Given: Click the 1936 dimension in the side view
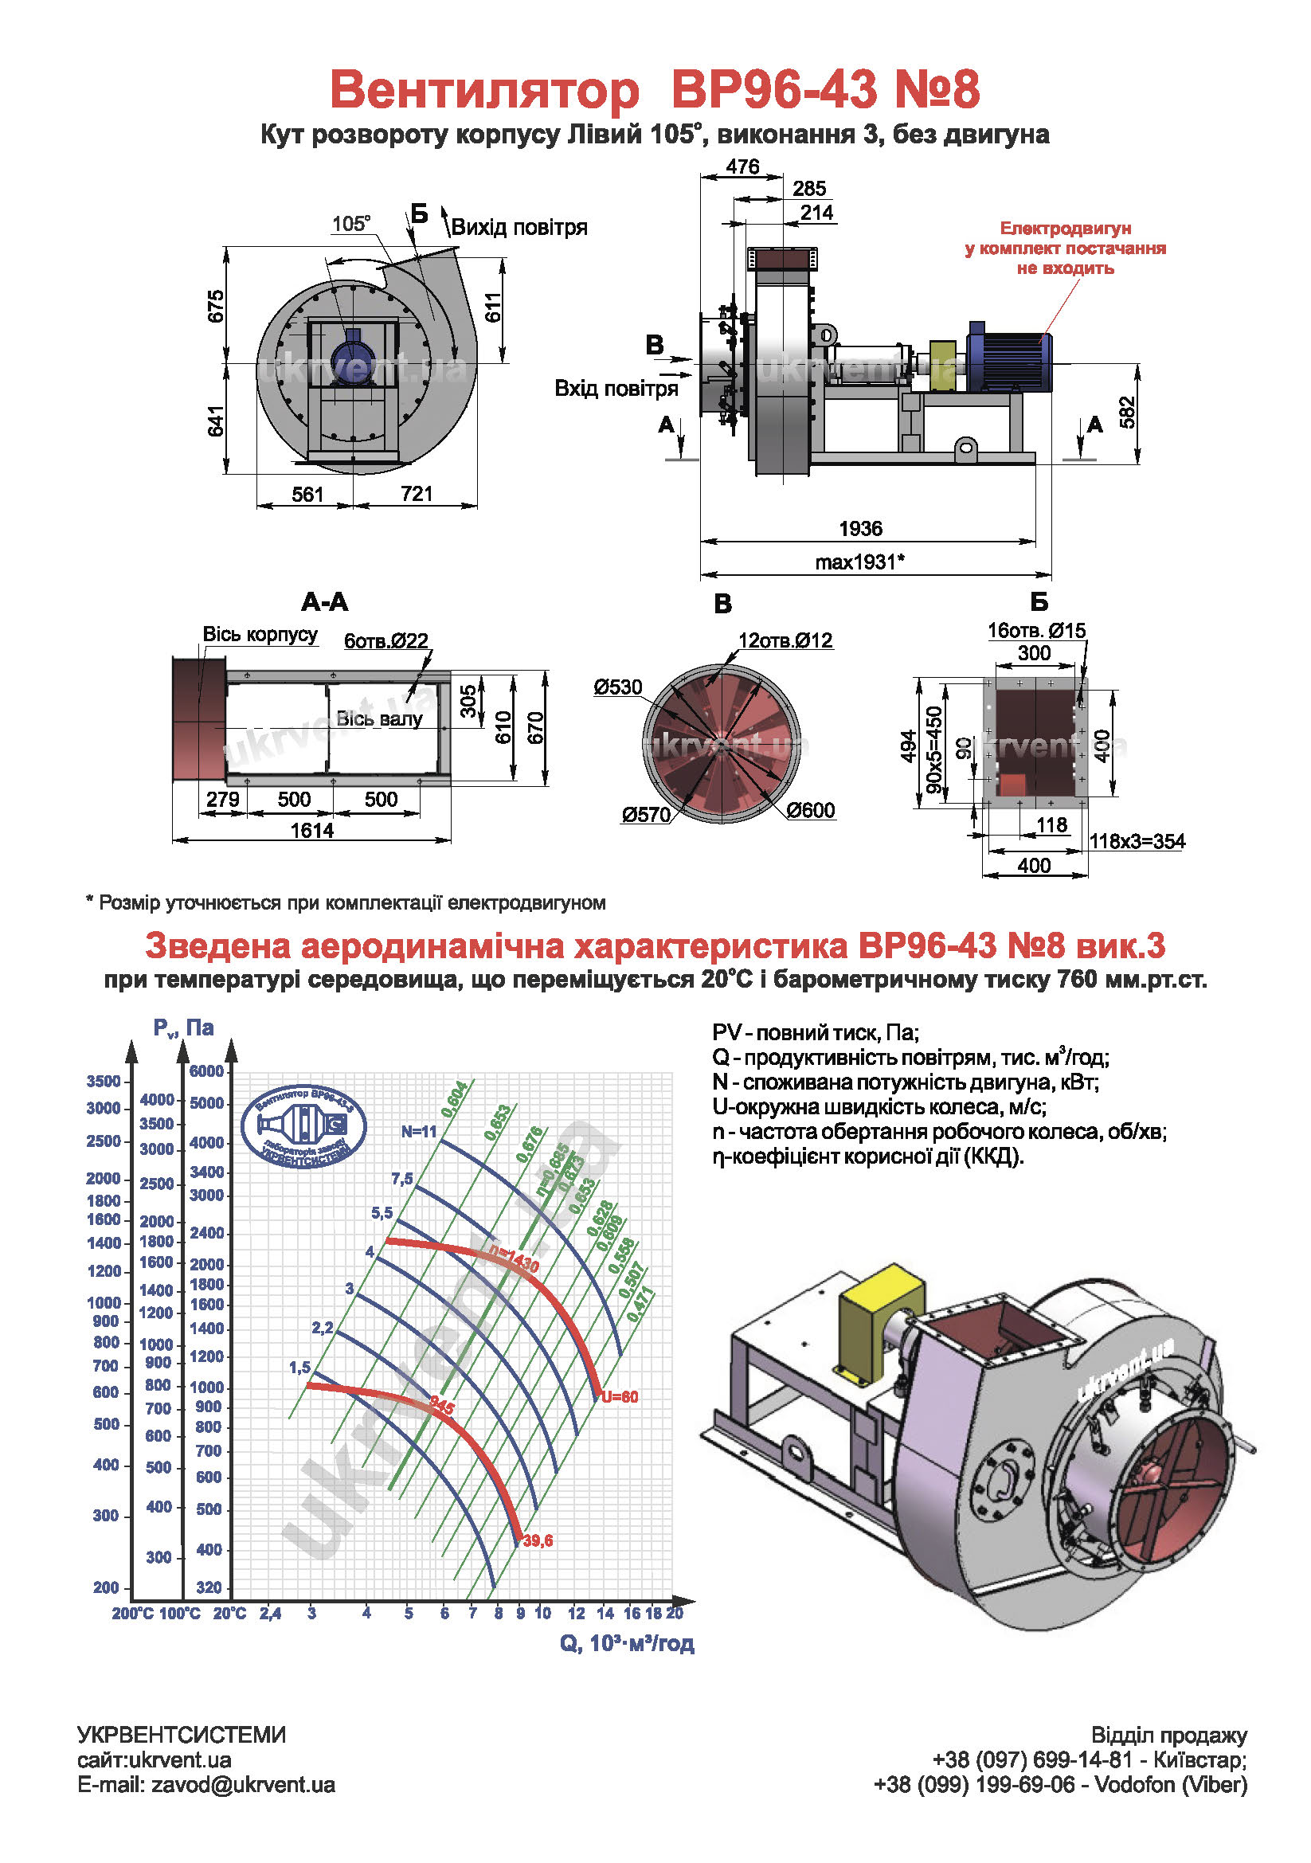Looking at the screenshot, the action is pos(860,528).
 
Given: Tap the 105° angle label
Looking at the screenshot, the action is pos(351,223).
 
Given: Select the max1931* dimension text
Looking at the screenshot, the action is pos(860,562).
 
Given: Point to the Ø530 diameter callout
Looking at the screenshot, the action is pos(617,687).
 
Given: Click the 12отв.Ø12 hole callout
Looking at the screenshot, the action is pos(785,640).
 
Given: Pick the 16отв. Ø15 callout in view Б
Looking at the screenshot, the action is pos(1036,631).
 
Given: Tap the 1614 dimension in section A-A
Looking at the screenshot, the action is pos(312,830).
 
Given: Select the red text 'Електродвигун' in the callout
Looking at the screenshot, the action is pos(1065,229).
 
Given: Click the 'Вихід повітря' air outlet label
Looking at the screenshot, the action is pos(519,226).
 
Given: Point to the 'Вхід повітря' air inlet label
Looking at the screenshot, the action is pos(616,389).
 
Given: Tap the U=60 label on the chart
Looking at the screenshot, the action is pos(620,1397).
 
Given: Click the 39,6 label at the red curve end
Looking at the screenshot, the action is pos(538,1541).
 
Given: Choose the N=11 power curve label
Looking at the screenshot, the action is pos(419,1132).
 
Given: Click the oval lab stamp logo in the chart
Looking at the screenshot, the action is pos(304,1127).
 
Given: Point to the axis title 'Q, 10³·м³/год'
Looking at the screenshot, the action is pos(627,1643).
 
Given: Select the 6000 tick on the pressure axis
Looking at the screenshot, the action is pos(206,1071).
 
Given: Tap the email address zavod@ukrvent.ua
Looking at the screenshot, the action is pos(244,1784).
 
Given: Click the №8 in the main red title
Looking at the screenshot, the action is pos(937,89).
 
